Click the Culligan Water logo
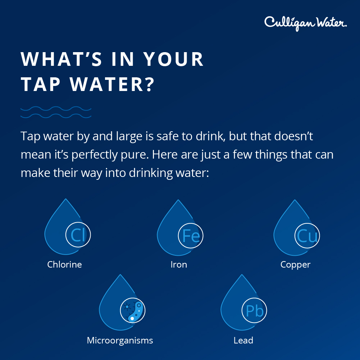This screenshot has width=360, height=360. coord(305,23)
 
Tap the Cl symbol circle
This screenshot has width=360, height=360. coord(78,235)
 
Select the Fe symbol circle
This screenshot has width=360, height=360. coord(191,236)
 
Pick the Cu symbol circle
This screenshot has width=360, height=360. coord(307,236)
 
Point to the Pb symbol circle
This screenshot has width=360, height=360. coord(254,311)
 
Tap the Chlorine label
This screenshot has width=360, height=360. coord(64,265)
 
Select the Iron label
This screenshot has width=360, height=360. coord(179,265)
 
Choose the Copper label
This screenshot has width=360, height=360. coord(295,265)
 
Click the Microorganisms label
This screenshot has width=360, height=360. coord(120,340)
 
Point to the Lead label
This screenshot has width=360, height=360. coord(243,340)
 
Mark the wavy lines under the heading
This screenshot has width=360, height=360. coord(56,112)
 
